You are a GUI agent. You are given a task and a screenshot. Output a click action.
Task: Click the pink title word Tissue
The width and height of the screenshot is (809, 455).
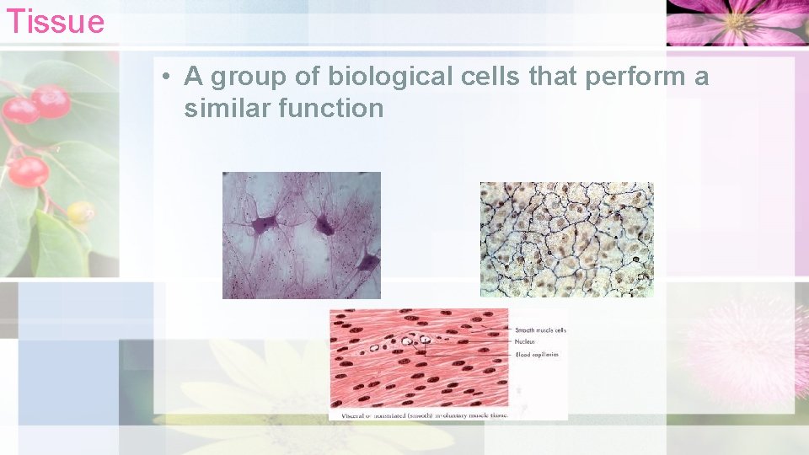(55, 20)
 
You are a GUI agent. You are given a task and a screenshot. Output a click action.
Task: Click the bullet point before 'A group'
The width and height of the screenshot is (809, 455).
(169, 78)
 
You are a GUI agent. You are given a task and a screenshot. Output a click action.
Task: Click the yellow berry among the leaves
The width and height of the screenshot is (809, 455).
(80, 211)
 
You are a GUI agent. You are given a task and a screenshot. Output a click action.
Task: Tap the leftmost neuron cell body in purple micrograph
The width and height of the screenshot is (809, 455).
(265, 224)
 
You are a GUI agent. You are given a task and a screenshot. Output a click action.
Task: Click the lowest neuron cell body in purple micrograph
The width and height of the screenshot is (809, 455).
(366, 264)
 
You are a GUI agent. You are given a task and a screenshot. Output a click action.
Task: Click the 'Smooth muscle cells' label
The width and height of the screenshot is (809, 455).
(540, 329)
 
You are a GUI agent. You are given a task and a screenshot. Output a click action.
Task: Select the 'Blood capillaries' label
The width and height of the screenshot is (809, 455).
(536, 354)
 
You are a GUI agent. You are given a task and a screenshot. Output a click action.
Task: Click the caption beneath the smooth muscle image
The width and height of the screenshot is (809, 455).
(419, 414)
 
